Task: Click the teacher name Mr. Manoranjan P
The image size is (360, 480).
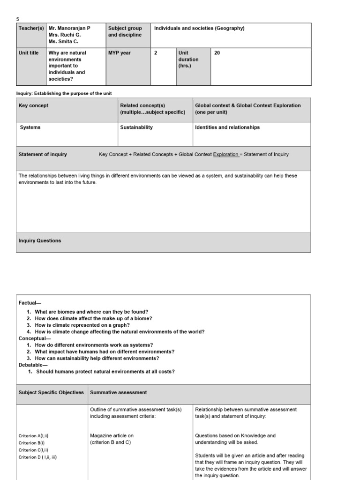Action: click(x=69, y=28)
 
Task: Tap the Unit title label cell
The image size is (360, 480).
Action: click(x=29, y=53)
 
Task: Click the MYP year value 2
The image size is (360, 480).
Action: click(x=156, y=53)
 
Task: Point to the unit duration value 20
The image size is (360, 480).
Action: click(x=217, y=53)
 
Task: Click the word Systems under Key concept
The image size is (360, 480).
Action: click(x=30, y=127)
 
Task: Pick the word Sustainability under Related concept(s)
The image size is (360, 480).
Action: click(x=136, y=127)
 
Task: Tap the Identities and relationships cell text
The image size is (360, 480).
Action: click(x=227, y=127)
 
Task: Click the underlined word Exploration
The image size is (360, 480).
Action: click(x=226, y=154)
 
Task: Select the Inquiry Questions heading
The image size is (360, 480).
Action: click(x=40, y=240)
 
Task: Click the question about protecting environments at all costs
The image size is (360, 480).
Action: click(x=105, y=372)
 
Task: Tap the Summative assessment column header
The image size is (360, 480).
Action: click(x=119, y=392)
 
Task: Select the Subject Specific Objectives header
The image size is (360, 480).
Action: click(x=51, y=392)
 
